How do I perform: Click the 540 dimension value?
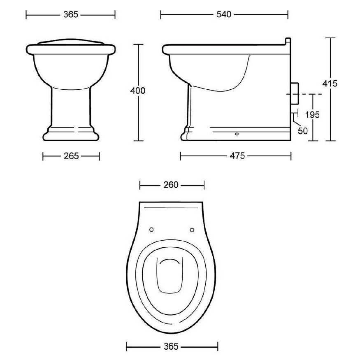point(224,14)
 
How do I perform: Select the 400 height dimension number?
point(138,91)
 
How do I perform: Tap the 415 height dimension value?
point(330,84)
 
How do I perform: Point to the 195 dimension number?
point(312,114)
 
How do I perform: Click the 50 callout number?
point(302,131)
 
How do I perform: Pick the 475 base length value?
point(237,156)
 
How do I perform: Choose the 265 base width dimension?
point(71,156)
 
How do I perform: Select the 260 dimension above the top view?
point(171,185)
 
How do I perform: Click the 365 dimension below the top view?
point(171,346)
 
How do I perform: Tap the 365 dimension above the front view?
point(71,14)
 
